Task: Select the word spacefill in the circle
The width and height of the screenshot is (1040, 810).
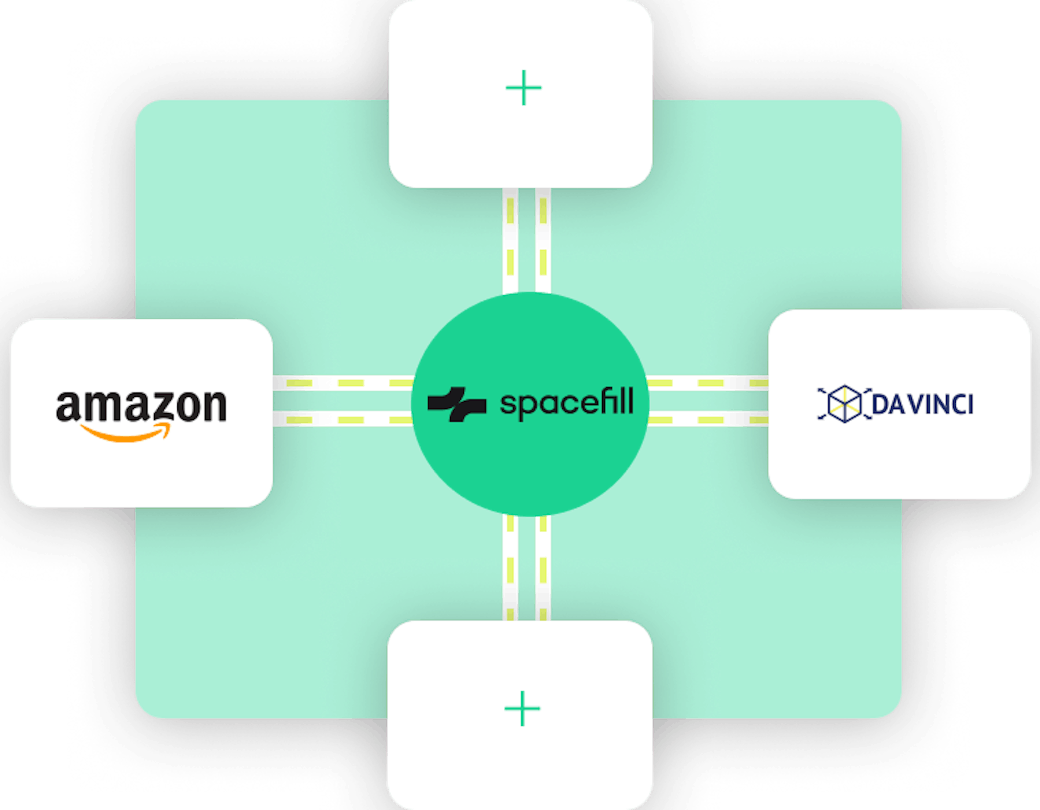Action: pos(567,404)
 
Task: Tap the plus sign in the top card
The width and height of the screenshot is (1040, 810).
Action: pos(523,88)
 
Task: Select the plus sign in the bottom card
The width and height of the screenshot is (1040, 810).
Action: pos(522,708)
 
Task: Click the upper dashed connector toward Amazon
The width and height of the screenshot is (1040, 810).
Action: pos(343,383)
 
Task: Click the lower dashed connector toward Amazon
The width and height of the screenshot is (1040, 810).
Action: pos(343,420)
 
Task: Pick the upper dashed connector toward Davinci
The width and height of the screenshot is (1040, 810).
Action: pos(708,383)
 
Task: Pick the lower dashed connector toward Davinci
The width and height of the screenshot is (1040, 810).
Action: pos(708,420)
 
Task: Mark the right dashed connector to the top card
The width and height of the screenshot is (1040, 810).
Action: pos(543,240)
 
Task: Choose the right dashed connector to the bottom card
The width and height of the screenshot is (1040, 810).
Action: pos(543,568)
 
